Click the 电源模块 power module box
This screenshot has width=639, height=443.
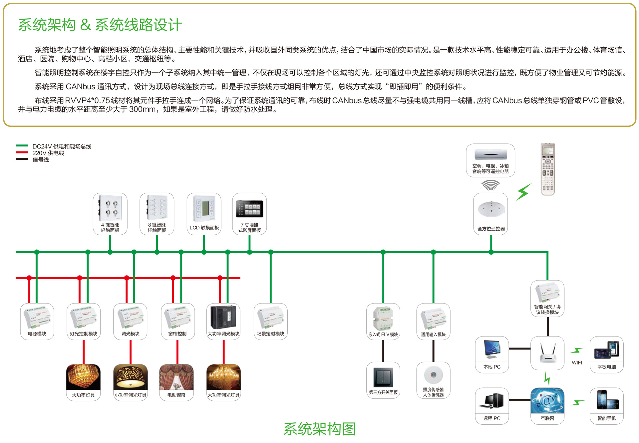[37, 321]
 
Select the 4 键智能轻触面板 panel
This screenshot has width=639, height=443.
[110, 214]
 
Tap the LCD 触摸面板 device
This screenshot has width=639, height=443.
[204, 214]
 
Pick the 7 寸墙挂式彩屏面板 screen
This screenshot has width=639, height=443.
[249, 214]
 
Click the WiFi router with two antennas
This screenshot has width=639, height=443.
[547, 353]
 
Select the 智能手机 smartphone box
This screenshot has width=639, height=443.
[606, 405]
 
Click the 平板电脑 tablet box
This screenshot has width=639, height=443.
[606, 354]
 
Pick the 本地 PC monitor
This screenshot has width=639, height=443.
[492, 354]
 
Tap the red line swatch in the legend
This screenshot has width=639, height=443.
[22, 152]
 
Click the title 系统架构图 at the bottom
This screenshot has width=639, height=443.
[319, 429]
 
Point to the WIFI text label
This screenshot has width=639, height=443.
[577, 362]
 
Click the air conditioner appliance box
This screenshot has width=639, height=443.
[490, 160]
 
